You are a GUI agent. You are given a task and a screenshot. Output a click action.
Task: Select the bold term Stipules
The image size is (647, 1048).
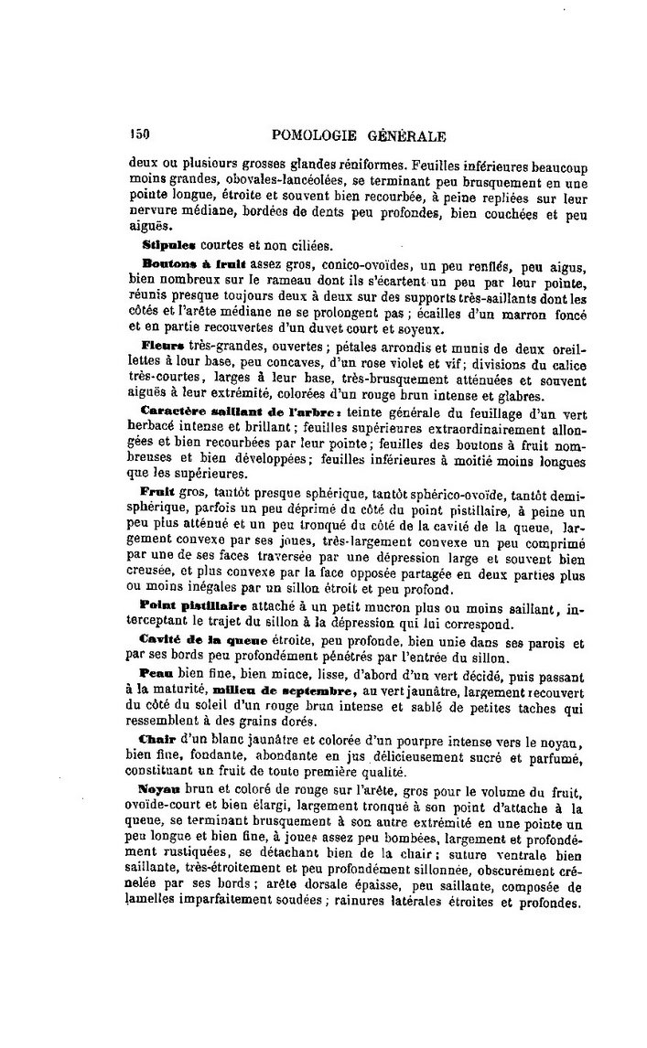(x=169, y=245)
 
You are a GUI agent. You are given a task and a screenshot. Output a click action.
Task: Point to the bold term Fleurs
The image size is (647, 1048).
(x=165, y=346)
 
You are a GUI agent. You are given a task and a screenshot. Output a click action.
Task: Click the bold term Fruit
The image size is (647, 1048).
(x=160, y=491)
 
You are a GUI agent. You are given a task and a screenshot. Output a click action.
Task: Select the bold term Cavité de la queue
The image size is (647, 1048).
(x=193, y=636)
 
